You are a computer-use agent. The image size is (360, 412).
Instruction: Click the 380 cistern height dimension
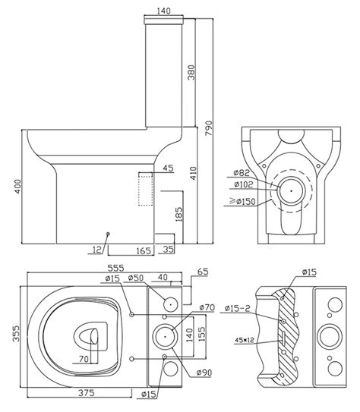point(191,72)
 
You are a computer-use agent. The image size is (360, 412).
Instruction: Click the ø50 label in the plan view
point(137,278)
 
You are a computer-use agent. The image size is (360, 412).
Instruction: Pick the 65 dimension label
point(201,270)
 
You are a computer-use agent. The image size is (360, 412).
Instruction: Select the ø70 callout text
point(206,307)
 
